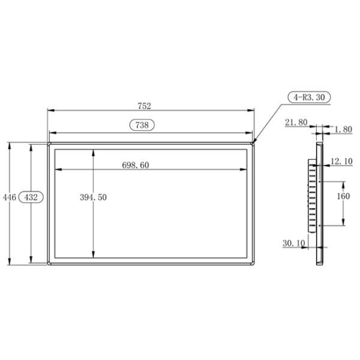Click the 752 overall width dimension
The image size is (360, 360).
pyautogui.click(x=144, y=106)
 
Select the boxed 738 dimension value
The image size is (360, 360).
pyautogui.click(x=142, y=125)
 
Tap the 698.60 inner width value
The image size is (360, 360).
pyautogui.click(x=135, y=165)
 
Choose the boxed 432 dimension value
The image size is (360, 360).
pyautogui.click(x=31, y=197)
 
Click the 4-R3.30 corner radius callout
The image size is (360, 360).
pyautogui.click(x=309, y=97)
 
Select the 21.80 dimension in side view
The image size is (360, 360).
pyautogui.click(x=296, y=122)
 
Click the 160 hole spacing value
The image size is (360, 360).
pyautogui.click(x=343, y=197)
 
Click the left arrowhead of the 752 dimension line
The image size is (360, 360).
pyautogui.click(x=50, y=111)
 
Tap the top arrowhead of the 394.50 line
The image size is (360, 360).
pyautogui.click(x=93, y=152)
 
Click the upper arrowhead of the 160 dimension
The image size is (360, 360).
pyautogui.click(x=343, y=182)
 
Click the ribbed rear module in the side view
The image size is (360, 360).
pyautogui.click(x=311, y=197)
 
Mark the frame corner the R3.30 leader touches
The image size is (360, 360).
pyautogui.click(x=254, y=143)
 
